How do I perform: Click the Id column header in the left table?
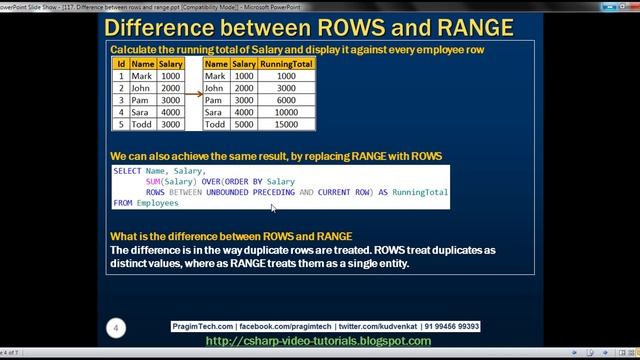(x=120, y=63)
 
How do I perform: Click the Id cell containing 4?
(x=120, y=113)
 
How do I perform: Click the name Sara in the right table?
(x=215, y=113)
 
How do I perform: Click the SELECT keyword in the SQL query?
(x=127, y=171)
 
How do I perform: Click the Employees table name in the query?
(x=158, y=203)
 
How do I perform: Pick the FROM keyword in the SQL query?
(x=122, y=203)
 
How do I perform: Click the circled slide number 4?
(x=117, y=328)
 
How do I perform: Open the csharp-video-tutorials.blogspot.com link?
(x=318, y=340)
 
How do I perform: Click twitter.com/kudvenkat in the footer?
(x=368, y=326)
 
